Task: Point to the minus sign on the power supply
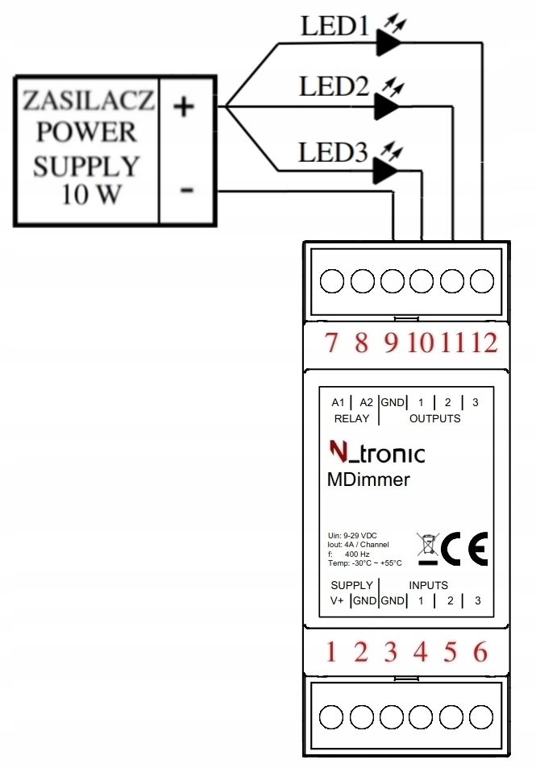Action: pyautogui.click(x=187, y=191)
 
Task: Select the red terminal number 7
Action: pyautogui.click(x=330, y=343)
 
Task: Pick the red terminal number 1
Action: pyautogui.click(x=330, y=650)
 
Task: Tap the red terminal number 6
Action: pyautogui.click(x=480, y=650)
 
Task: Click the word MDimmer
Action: pyautogui.click(x=368, y=480)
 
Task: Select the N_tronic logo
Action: pyautogui.click(x=377, y=453)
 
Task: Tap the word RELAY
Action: pyautogui.click(x=351, y=418)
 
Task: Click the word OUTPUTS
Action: pyautogui.click(x=434, y=418)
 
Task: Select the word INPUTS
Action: pyautogui.click(x=428, y=585)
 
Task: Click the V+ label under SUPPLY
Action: pyautogui.click(x=337, y=600)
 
